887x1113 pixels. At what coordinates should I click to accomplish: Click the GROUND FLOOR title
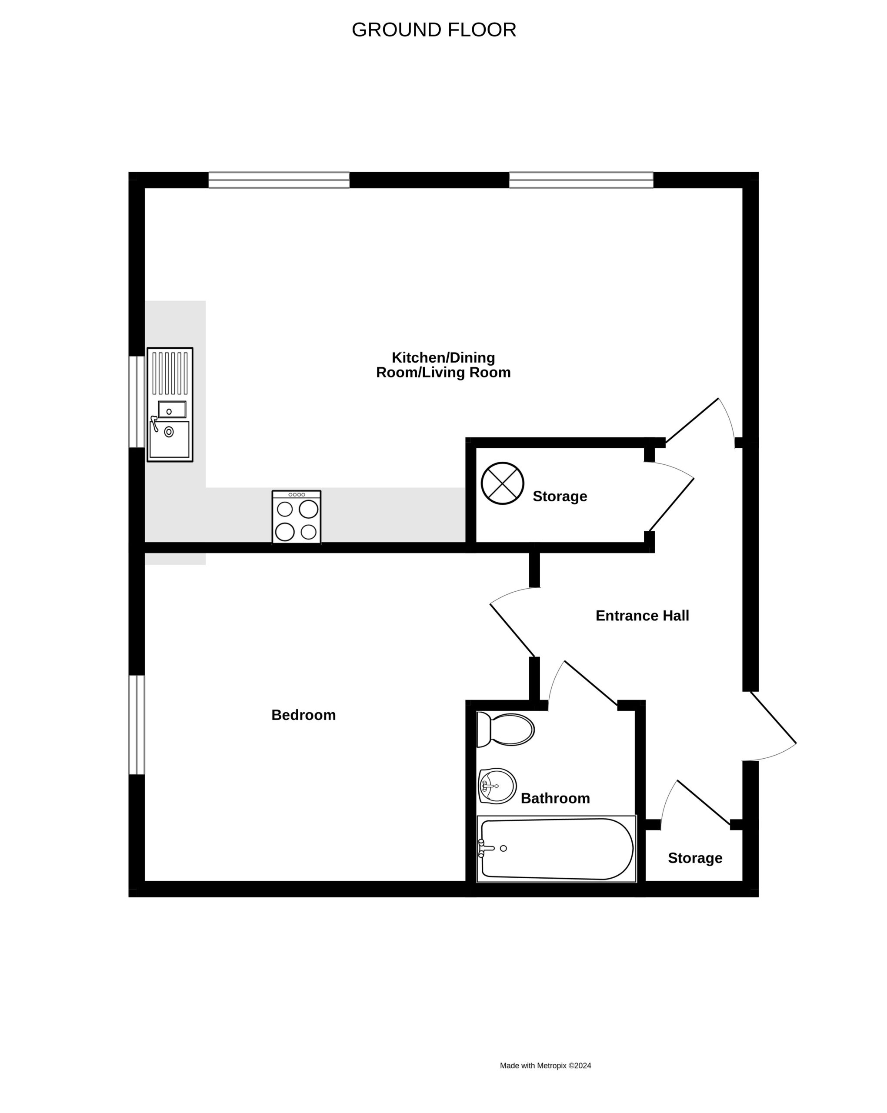433,30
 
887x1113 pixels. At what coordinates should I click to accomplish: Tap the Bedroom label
303,715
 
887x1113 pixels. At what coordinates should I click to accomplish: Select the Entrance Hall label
642,615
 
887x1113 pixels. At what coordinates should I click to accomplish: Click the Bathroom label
555,798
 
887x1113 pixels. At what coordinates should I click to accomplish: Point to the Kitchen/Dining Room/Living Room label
443,365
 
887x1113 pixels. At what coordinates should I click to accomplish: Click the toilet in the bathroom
505,730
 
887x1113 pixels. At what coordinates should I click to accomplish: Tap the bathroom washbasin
497,786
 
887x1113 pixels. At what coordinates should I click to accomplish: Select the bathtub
557,849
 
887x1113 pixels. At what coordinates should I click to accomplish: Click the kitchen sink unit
170,405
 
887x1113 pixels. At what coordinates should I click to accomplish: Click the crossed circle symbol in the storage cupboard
502,483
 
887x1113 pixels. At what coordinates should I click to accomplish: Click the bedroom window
136,725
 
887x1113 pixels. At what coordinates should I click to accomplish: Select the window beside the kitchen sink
136,402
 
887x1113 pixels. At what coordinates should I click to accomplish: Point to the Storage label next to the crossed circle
560,496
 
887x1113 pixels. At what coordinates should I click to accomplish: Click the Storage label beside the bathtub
695,858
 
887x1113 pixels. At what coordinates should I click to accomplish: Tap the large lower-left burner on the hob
284,532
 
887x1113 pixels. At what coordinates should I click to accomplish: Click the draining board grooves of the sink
170,373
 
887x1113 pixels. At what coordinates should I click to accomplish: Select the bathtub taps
485,848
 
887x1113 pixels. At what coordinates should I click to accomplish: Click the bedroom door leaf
512,630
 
